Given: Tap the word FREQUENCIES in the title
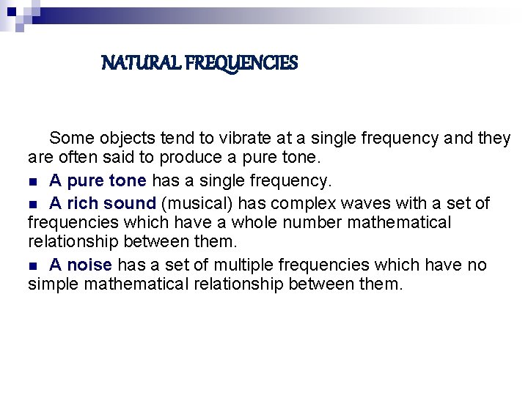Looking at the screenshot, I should pyautogui.click(x=241, y=64).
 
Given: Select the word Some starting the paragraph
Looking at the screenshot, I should pyautogui.click(x=70, y=138).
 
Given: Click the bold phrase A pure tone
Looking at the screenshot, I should pyautogui.click(x=98, y=180).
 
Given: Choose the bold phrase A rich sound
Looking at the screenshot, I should pyautogui.click(x=103, y=202).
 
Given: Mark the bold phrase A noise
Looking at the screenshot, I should pyautogui.click(x=81, y=264).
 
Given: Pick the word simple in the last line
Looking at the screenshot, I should pyautogui.click(x=54, y=285).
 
